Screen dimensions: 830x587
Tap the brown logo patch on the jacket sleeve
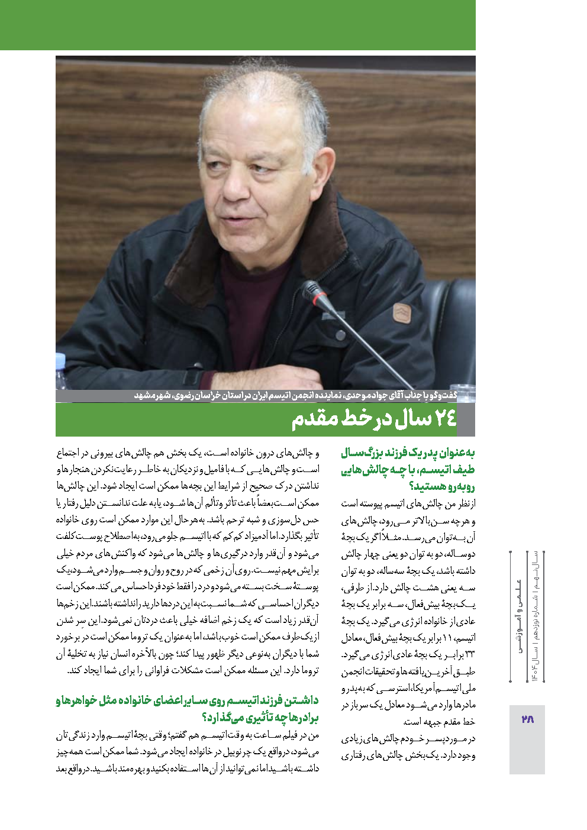pos(402,313)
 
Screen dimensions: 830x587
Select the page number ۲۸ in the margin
pos(527,719)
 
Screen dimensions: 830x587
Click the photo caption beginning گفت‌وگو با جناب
pos(296,395)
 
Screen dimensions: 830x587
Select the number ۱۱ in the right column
pos(447,638)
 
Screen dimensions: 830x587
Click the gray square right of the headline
pos(466,419)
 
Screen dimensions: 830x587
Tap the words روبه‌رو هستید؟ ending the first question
pos(442,487)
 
